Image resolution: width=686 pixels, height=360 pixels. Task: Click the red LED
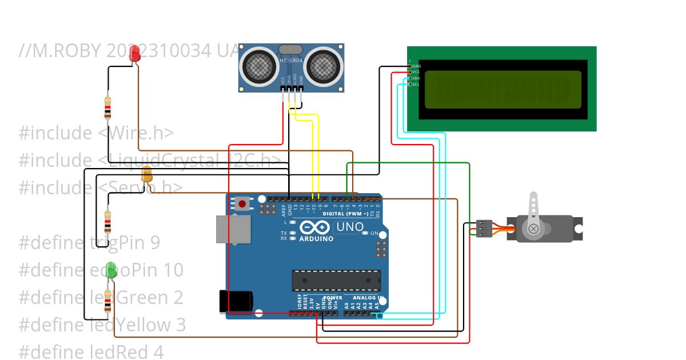tap(135, 54)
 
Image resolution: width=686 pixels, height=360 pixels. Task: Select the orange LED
tap(147, 175)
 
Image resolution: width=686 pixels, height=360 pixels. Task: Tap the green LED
tap(111, 270)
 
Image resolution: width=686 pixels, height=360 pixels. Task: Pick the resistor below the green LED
tap(107, 303)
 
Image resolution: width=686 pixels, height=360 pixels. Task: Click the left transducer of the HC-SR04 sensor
tap(260, 66)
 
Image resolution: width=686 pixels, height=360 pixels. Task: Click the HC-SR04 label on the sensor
tap(291, 61)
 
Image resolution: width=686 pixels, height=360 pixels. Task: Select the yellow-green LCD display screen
tap(502, 90)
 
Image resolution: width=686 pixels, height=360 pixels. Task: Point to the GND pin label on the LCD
tap(416, 66)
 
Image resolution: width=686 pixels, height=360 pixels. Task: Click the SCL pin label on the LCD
tap(416, 85)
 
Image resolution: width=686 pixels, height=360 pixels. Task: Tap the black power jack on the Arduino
tap(236, 301)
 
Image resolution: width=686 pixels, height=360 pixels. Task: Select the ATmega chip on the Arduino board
tap(336, 280)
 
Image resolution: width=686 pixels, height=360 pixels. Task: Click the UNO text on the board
tap(350, 227)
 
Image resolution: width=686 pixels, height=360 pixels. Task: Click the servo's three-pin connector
tap(484, 228)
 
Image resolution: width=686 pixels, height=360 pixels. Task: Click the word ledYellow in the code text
tap(137, 325)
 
